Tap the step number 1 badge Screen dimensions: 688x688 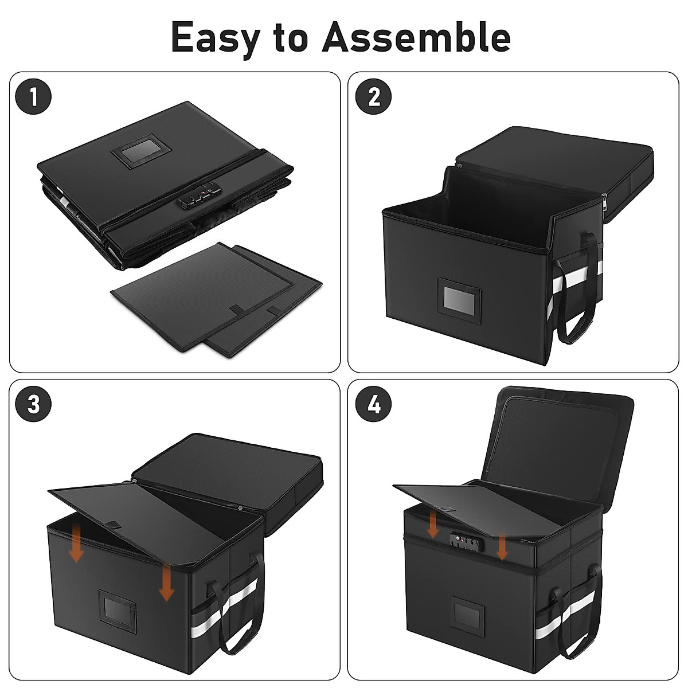tap(33, 96)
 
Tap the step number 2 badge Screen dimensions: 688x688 tap(374, 96)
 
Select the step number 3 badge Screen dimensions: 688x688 tap(33, 404)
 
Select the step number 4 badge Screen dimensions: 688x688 tap(374, 404)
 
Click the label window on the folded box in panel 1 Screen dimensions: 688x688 tap(140, 150)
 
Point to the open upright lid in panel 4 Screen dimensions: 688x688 tap(559, 436)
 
